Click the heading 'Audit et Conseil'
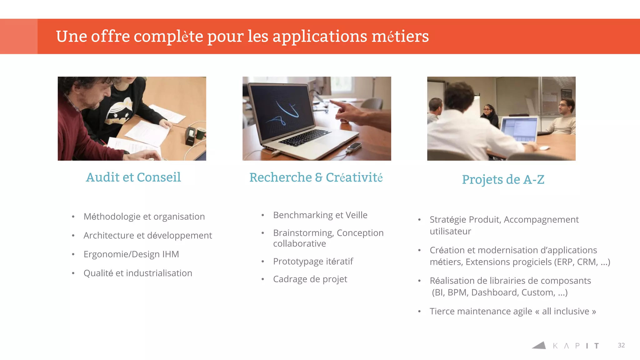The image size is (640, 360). [x=133, y=177]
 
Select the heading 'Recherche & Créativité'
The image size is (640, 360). [x=316, y=177]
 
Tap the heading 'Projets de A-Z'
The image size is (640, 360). [x=503, y=180]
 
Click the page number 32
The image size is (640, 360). [x=621, y=345]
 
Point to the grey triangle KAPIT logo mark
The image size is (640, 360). [x=539, y=345]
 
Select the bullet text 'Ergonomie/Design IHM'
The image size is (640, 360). [x=131, y=254]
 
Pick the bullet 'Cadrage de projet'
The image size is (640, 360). [x=310, y=279]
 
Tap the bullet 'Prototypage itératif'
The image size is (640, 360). [x=313, y=261]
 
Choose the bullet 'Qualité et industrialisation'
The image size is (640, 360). [x=138, y=273]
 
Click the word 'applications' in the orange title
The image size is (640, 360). [x=320, y=36]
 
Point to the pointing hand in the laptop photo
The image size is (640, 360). [x=350, y=112]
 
